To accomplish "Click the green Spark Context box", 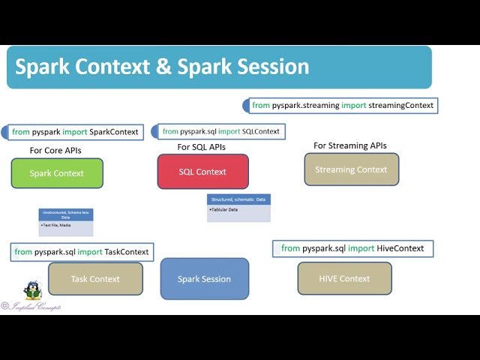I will tap(56, 173).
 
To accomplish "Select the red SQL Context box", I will tap(202, 172).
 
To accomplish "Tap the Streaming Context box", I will tap(351, 169).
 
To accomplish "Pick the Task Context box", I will tap(95, 279).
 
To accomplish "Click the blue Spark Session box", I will tap(204, 279).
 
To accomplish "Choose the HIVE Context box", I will tap(344, 278).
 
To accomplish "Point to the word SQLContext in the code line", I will tap(261, 131).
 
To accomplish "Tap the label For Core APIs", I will tap(55, 151).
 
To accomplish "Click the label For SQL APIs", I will tap(201, 147).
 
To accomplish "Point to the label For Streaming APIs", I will tap(349, 145).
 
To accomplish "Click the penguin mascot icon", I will tap(31, 290).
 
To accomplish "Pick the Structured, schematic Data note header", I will tap(238, 200).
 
